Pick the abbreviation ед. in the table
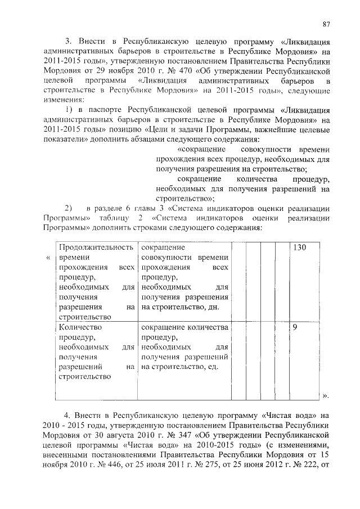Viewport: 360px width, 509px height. tap(220, 367)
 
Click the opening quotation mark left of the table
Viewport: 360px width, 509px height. tap(48, 257)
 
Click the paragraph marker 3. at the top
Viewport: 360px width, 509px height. tap(69, 42)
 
